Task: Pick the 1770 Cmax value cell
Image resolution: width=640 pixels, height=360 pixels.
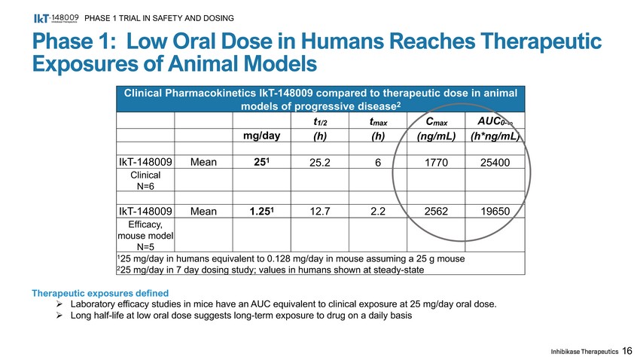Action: point(432,161)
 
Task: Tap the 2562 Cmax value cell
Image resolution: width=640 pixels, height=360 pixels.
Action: point(432,212)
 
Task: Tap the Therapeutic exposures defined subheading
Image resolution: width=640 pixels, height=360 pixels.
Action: point(99,293)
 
